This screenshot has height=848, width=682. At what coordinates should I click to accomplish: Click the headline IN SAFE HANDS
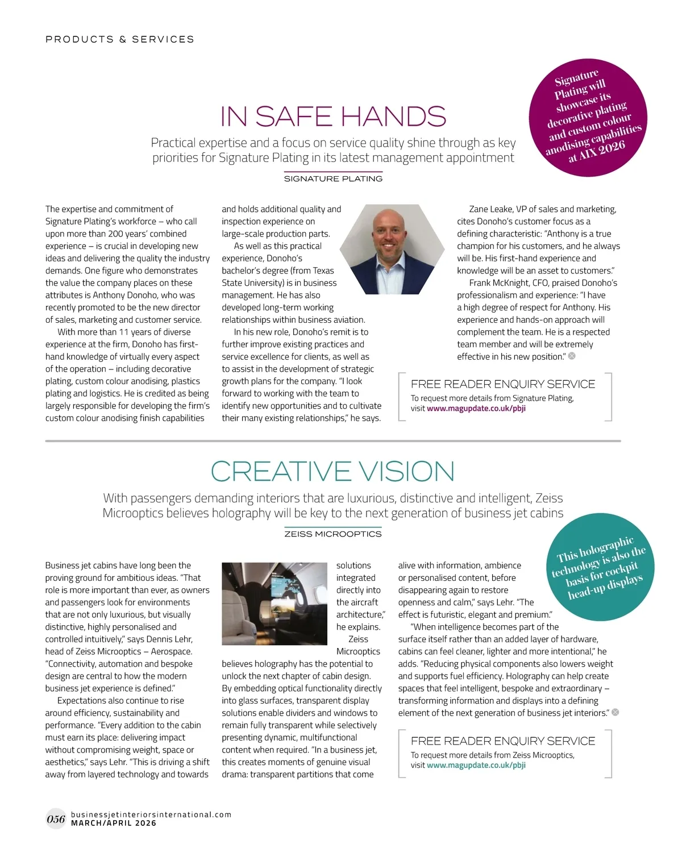coord(333,117)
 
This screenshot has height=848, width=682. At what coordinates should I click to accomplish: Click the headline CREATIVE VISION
coord(332,472)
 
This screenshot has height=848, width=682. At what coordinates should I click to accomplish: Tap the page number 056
coord(56,819)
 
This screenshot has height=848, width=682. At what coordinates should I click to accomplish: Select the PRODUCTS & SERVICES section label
coord(120,39)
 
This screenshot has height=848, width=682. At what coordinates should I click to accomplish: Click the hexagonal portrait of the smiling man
coord(392,249)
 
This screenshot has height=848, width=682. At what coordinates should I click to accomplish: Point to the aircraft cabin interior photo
coord(274,604)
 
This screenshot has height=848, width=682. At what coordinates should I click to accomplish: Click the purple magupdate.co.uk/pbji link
coord(476,409)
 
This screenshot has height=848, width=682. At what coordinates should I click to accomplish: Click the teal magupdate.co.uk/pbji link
coord(476,766)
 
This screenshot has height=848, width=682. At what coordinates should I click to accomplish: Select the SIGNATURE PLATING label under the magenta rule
coord(333,179)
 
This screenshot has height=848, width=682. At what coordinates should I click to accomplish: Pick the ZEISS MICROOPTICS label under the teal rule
coord(333,534)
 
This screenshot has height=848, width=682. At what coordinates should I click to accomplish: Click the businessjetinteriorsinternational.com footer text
coord(151,814)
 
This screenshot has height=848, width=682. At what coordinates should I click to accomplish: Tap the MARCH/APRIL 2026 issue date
coord(114,823)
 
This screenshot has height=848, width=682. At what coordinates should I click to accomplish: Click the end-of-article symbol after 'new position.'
coord(572,356)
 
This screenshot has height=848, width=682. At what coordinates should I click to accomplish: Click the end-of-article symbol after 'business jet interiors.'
coord(615,712)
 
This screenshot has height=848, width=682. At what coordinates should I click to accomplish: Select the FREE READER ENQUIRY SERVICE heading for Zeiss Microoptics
coord(503,741)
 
